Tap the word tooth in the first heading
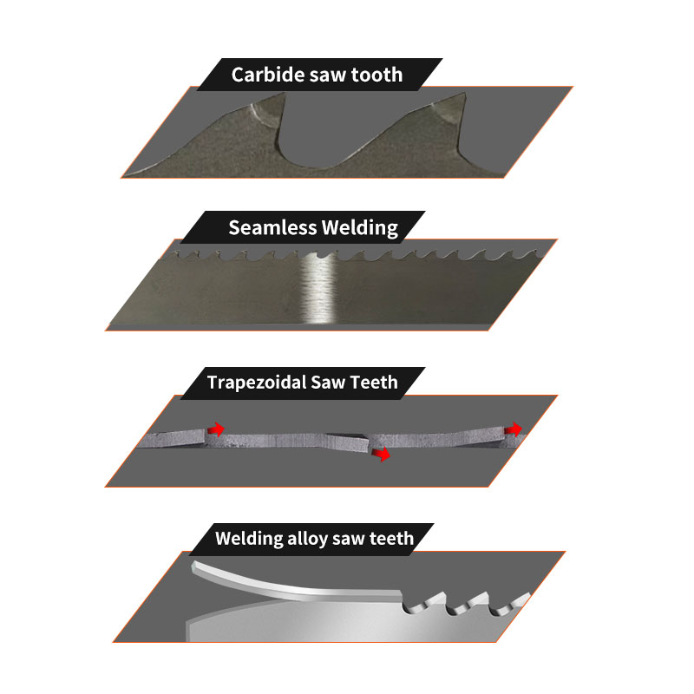tap(376, 75)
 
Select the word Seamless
tap(272, 228)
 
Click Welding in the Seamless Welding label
tap(359, 229)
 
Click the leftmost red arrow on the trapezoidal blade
tap(215, 428)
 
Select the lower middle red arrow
tap(380, 454)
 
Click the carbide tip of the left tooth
tap(265, 112)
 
